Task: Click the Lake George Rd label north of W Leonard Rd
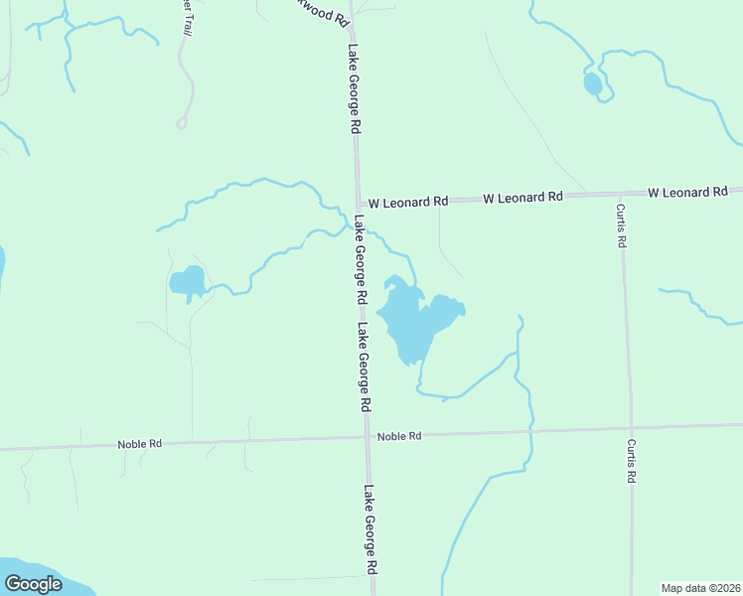353,89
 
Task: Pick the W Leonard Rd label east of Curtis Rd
687,192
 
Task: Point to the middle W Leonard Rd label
523,198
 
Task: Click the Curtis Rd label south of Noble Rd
631,461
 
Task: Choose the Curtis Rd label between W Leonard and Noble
621,225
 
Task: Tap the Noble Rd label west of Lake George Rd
139,444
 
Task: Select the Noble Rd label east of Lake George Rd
399,436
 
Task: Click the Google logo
33,584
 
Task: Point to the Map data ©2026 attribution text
700,588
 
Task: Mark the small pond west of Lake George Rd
188,282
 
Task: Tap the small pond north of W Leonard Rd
593,84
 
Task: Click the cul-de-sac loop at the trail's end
182,123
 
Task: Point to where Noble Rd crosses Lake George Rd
368,437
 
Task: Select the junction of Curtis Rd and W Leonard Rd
619,194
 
